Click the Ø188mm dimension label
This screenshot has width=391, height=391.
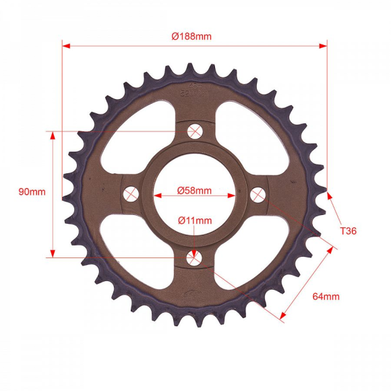pyautogui.click(x=191, y=36)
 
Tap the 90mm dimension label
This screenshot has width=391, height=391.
pyautogui.click(x=32, y=191)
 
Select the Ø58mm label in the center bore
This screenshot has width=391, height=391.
pyautogui.click(x=194, y=191)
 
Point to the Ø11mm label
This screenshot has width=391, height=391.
pyautogui.click(x=195, y=220)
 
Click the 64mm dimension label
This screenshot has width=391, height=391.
pyautogui.click(x=326, y=297)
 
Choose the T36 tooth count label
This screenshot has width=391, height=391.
pyautogui.click(x=349, y=231)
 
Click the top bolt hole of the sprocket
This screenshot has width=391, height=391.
pyautogui.click(x=195, y=131)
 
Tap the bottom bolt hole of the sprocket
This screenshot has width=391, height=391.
pyautogui.click(x=193, y=258)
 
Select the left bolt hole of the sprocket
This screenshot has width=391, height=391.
pyautogui.click(x=131, y=193)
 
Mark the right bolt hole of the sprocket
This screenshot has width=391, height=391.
pyautogui.click(x=258, y=195)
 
